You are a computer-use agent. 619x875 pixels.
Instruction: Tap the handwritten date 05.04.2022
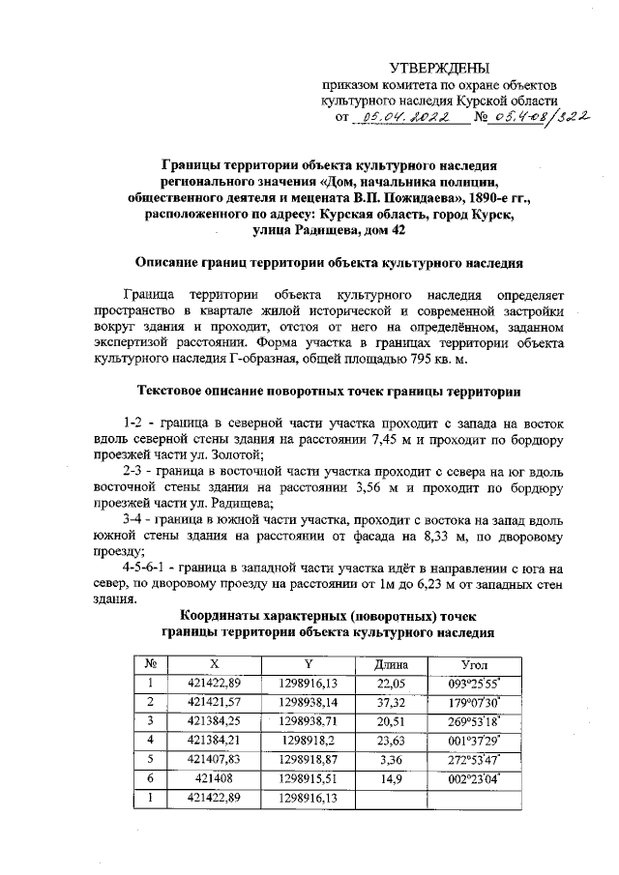pyautogui.click(x=398, y=118)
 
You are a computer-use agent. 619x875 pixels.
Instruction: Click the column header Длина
pyautogui.click(x=393, y=665)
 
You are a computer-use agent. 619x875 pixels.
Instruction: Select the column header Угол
pyautogui.click(x=474, y=665)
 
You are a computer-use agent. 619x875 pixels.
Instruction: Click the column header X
pyautogui.click(x=214, y=665)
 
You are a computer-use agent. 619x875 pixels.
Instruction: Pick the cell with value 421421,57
pyautogui.click(x=214, y=702)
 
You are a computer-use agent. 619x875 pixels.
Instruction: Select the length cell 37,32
pyautogui.click(x=393, y=702)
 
